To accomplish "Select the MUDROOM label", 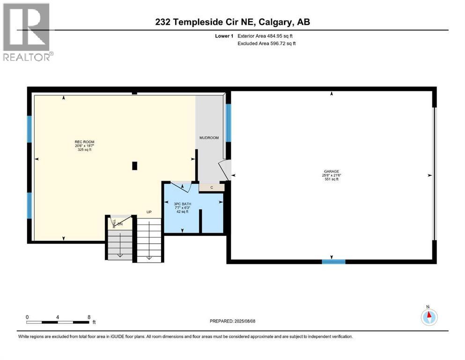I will (x=209, y=138).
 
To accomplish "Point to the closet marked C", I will (x=212, y=187).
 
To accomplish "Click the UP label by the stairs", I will (x=149, y=212).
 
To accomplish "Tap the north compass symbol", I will (x=428, y=317).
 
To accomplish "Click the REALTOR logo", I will (x=27, y=32).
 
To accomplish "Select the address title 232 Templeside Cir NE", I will (x=232, y=22).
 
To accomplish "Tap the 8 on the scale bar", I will (x=89, y=317).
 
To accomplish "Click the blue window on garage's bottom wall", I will (x=333, y=262).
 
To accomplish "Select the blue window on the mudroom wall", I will (x=229, y=122).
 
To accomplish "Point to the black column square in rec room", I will (x=135, y=165).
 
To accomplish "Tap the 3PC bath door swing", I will (x=180, y=187).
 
